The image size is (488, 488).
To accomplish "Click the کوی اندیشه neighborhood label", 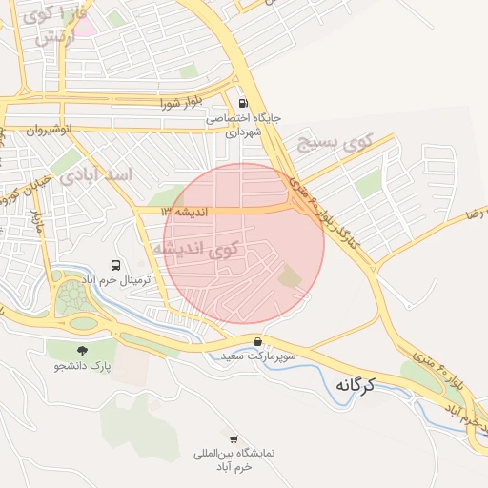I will point(208,250).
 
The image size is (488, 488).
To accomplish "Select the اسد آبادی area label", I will point(96,175).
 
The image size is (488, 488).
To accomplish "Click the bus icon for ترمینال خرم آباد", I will point(116,265).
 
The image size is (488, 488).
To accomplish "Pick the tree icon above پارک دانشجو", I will point(81,350).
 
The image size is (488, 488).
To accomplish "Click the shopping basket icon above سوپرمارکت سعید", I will point(257,341).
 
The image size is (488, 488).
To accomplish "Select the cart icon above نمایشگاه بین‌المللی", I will point(234,438).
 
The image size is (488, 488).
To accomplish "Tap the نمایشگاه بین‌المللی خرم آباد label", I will point(234,459).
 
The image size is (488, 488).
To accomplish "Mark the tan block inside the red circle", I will point(289,277).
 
